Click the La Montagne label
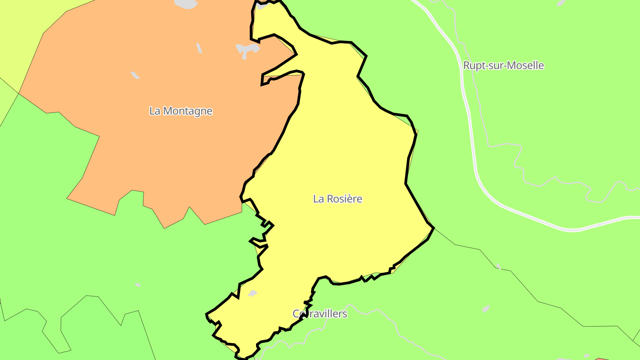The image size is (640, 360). [181, 111]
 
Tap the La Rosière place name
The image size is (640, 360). [337, 199]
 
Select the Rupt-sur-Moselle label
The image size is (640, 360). [503, 65]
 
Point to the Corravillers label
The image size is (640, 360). [320, 314]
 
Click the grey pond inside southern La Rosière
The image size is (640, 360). [252, 293]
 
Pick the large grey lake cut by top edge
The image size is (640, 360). [186, 4]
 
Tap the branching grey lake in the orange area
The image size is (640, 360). [246, 49]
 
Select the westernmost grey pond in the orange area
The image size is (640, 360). [135, 75]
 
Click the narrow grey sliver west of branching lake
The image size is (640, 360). [199, 48]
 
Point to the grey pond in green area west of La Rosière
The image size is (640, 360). [138, 284]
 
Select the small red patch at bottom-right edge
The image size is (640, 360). [604, 358]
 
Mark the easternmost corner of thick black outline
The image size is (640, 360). [433, 228]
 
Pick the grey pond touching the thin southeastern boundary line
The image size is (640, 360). [498, 266]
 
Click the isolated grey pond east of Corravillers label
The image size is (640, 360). [486, 308]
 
